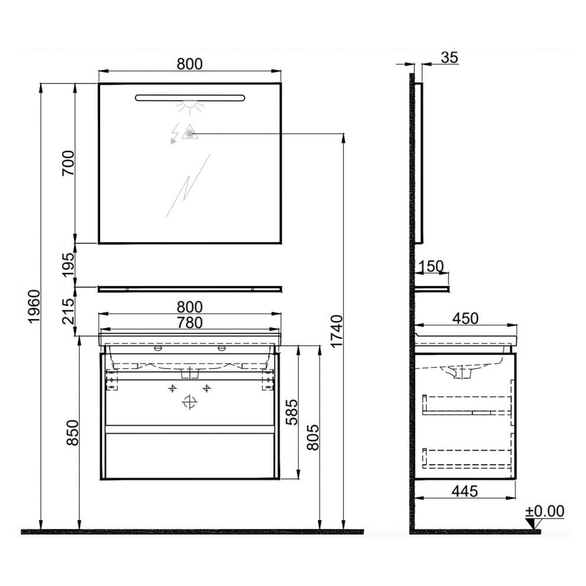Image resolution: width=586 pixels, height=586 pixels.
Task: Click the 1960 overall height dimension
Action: (x=34, y=307)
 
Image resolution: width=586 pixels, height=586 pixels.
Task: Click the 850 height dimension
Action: (x=73, y=433)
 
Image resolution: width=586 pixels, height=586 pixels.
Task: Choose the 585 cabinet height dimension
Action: (x=292, y=412)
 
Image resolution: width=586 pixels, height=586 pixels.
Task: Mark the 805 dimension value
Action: (x=313, y=437)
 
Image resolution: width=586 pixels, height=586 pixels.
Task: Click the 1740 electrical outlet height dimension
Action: (x=336, y=331)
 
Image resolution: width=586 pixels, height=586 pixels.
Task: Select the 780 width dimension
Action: (x=190, y=323)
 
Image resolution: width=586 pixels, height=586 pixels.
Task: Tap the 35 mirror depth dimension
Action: (x=449, y=58)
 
